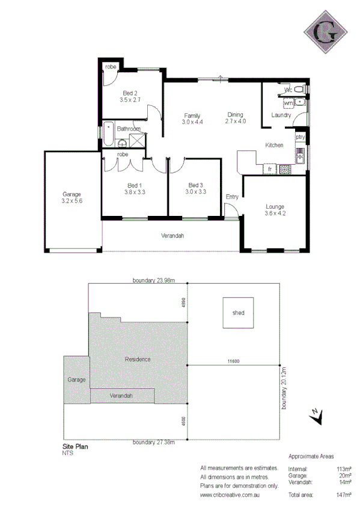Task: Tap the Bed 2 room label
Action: [130, 93]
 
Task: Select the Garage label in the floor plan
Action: [72, 194]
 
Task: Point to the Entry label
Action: [232, 197]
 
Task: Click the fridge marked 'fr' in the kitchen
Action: [270, 169]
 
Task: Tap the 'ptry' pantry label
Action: [300, 137]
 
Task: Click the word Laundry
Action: [281, 115]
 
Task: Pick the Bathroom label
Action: [129, 129]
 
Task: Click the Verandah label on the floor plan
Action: [172, 235]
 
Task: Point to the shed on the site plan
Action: [239, 313]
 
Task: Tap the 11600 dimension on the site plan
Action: [234, 361]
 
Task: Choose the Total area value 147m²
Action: [344, 495]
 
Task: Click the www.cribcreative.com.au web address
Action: [231, 495]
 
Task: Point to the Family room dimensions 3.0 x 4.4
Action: [192, 122]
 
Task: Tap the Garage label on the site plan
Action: [76, 379]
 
